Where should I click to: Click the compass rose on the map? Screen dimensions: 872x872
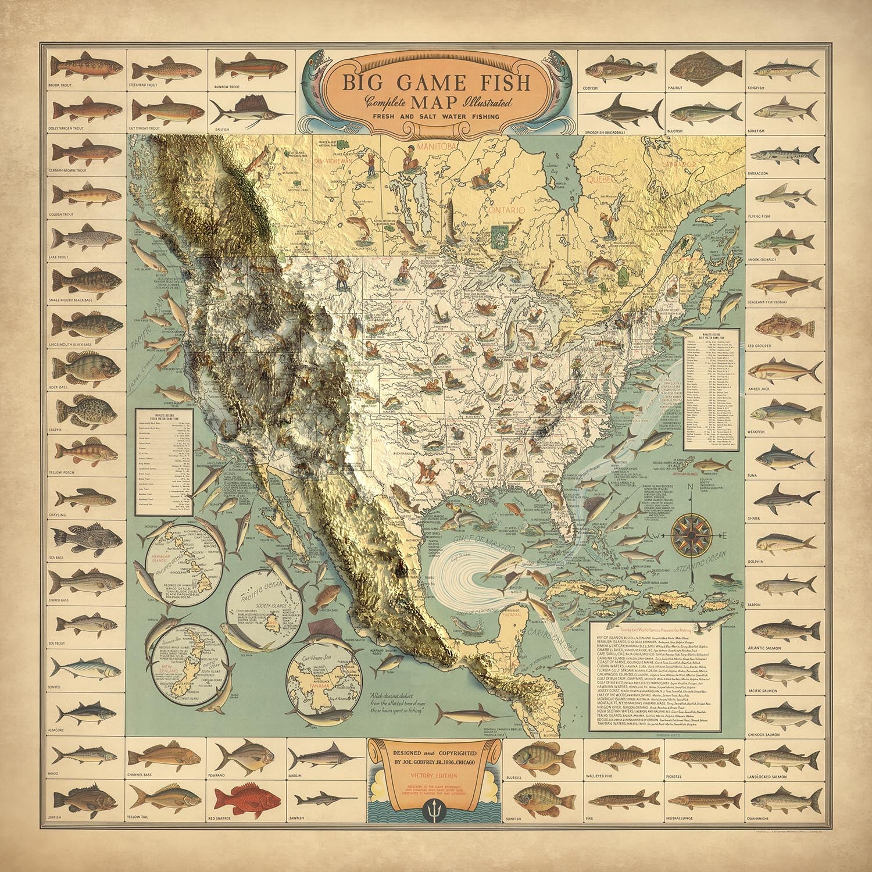(x=693, y=534)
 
